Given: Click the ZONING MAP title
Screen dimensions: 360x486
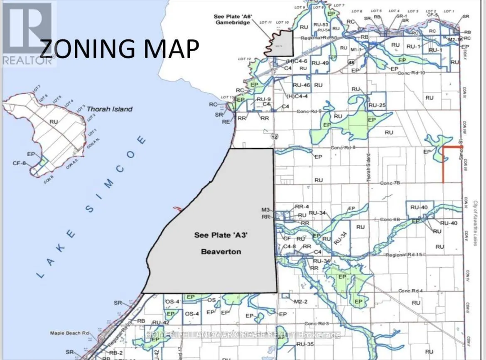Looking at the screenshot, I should [119, 49].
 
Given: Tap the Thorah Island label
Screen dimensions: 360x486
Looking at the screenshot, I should [110, 109].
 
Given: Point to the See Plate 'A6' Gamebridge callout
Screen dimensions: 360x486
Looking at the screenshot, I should [231, 19].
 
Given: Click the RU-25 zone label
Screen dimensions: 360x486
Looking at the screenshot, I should [377, 105].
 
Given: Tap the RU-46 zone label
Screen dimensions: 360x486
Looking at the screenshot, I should [302, 85].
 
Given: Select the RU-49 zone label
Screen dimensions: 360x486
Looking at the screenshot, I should [320, 63].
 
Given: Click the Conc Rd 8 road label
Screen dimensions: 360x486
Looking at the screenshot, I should [342, 147].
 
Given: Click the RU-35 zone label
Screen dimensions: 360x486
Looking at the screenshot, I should [304, 344].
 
